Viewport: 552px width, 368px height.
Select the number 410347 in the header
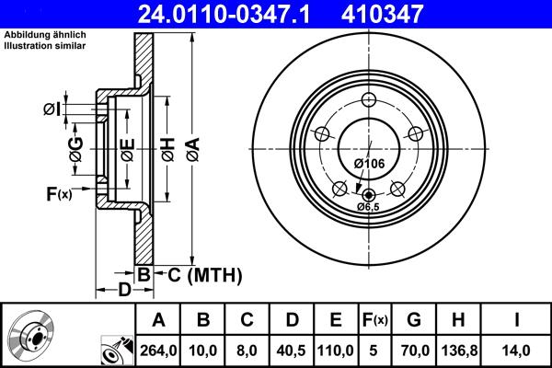coord(385,13)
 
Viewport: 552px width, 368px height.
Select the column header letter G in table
coord(414,320)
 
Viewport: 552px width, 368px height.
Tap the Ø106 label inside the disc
coord(369,163)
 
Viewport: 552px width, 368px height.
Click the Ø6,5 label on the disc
coord(370,206)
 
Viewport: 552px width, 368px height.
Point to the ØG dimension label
coord(76,148)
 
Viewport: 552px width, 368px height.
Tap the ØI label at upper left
coord(52,109)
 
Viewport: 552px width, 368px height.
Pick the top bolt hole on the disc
coord(369,101)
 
